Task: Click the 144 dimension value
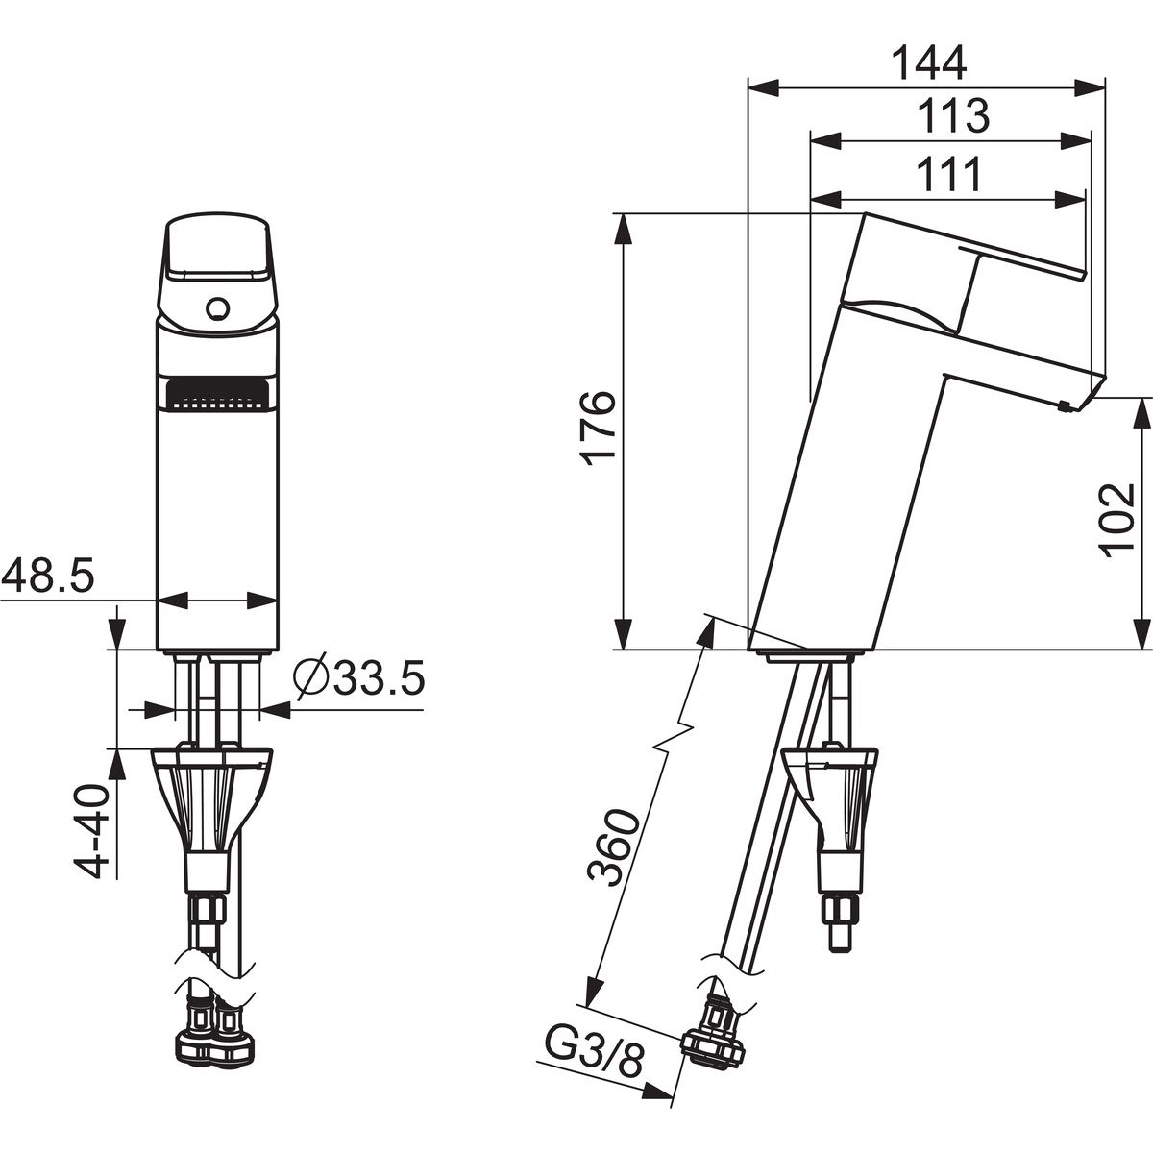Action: (x=928, y=62)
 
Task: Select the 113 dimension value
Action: (x=954, y=116)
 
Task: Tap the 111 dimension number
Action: (x=949, y=174)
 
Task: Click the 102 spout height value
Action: (x=1116, y=520)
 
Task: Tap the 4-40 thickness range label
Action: (x=91, y=832)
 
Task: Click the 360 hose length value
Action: (x=611, y=846)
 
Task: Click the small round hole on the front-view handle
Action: (x=217, y=309)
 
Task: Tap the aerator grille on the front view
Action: (x=217, y=394)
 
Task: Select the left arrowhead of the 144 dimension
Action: (x=764, y=87)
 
